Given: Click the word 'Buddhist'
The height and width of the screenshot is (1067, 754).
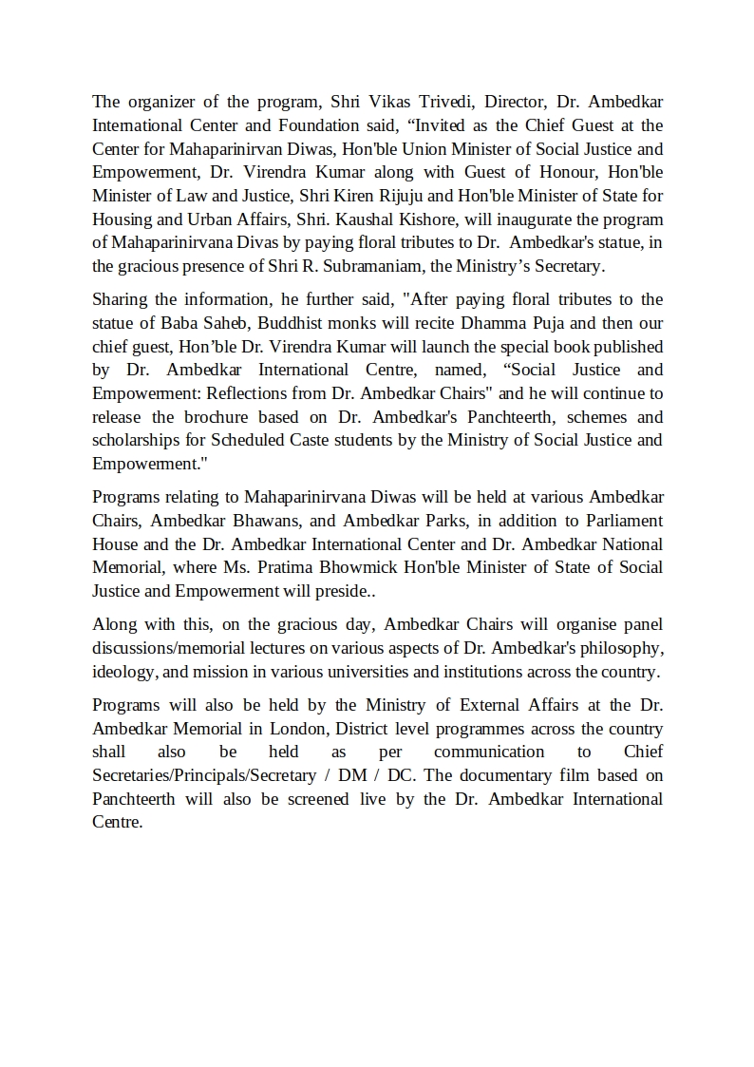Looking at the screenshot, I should (320, 323).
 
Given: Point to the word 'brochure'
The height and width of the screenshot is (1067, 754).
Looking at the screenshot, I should (219, 417).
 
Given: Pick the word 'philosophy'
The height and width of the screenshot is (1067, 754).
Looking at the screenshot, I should (619, 648).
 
